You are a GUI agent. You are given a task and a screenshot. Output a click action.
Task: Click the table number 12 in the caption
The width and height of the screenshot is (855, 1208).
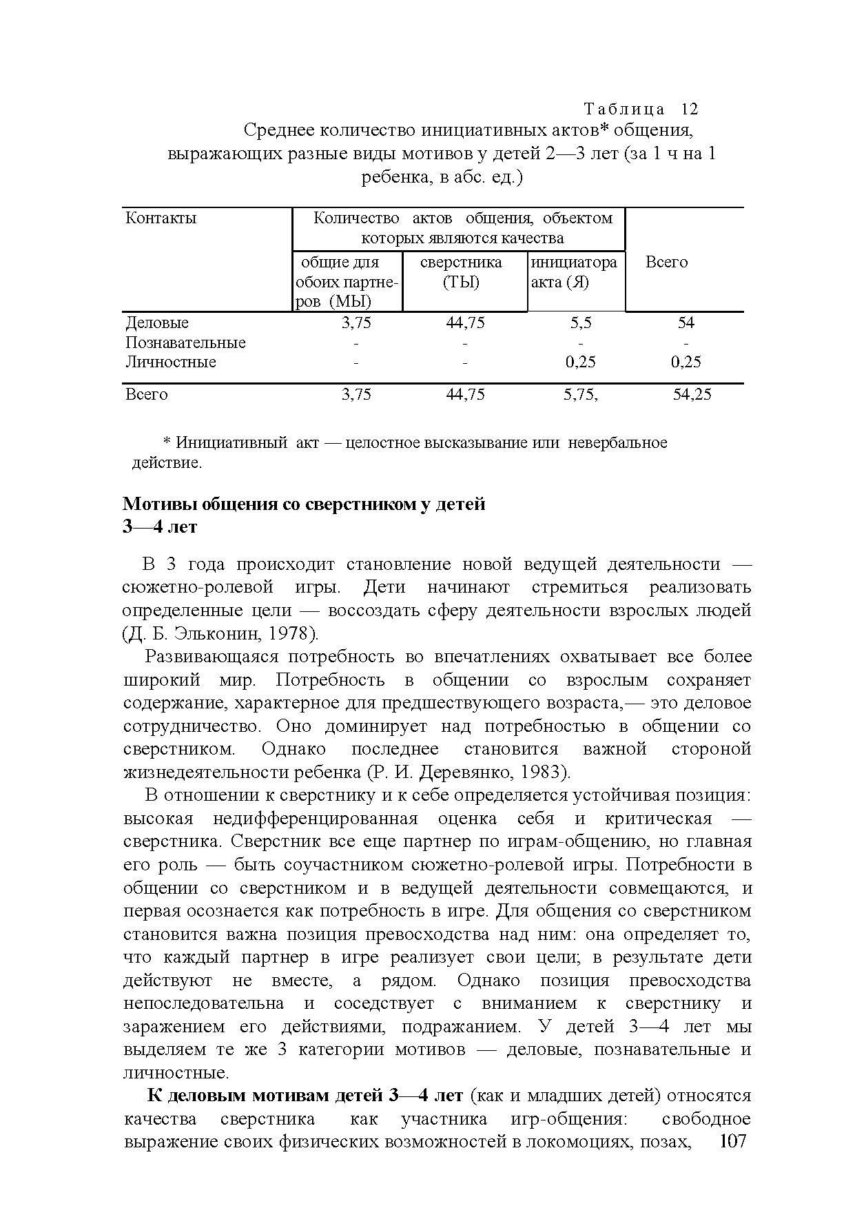tap(690, 110)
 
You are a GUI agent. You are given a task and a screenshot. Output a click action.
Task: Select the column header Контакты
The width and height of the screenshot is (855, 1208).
tap(161, 218)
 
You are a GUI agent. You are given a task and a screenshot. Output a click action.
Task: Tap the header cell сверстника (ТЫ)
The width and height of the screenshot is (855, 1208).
tap(461, 272)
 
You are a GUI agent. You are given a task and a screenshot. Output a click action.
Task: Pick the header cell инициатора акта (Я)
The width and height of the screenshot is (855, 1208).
tap(574, 272)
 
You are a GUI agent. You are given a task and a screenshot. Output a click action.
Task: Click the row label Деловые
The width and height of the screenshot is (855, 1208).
tap(157, 323)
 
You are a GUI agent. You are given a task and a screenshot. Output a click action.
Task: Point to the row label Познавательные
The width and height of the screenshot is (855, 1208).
tap(185, 342)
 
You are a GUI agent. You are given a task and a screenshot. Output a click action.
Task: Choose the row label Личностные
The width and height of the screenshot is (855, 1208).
tap(171, 362)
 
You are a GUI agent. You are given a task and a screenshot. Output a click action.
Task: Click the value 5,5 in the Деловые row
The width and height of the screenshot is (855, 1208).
tap(580, 323)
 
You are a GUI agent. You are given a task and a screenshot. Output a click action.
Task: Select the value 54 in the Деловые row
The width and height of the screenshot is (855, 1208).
tap(686, 323)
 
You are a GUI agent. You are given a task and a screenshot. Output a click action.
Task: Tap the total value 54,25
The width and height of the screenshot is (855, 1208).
tap(692, 394)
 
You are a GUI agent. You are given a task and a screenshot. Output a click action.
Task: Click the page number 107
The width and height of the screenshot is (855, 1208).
tap(732, 1142)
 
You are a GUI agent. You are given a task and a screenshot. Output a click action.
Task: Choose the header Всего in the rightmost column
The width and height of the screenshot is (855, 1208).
tap(666, 262)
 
